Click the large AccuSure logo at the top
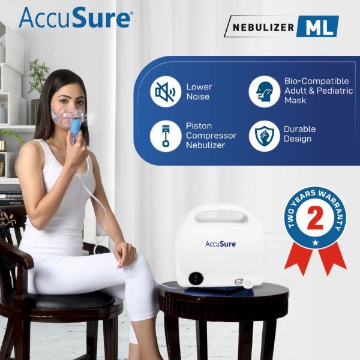coord(76,17)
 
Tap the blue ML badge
coord(317,26)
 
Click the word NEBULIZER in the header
coord(263,28)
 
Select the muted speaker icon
coord(166,92)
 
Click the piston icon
coord(166,136)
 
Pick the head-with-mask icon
coord(264,92)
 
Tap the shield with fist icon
coord(264,136)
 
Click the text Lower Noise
coord(199,92)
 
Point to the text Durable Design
coord(299,134)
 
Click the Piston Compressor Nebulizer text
coord(211,136)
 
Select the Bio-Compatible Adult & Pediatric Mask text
coord(319,91)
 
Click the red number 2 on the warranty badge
coord(315,218)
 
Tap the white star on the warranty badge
coord(316,242)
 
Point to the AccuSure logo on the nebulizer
coord(221,244)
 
